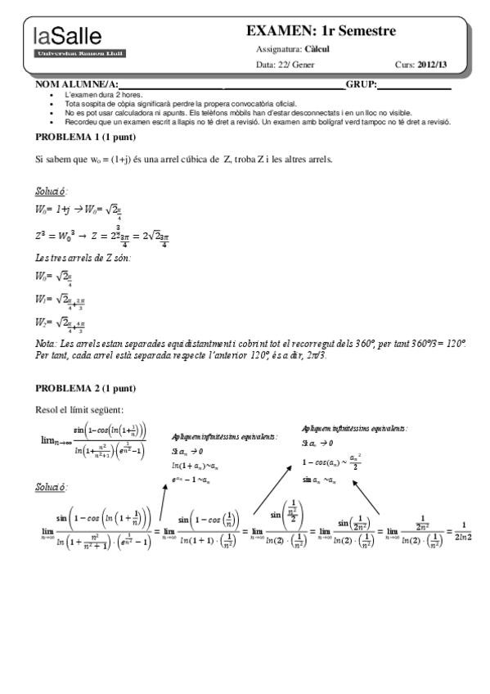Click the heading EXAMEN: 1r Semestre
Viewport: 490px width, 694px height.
pyautogui.click(x=321, y=31)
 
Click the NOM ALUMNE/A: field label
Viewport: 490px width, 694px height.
pyautogui.click(x=78, y=84)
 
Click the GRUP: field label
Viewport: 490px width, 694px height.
pyautogui.click(x=361, y=84)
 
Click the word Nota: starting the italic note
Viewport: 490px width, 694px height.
pyautogui.click(x=47, y=345)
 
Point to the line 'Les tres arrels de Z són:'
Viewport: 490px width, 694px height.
pyautogui.click(x=83, y=258)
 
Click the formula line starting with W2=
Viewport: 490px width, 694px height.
pyautogui.click(x=61, y=322)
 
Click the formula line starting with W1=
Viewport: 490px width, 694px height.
pyautogui.click(x=61, y=300)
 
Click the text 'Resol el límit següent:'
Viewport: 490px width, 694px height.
pyautogui.click(x=79, y=409)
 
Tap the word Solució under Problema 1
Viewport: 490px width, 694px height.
pyautogui.click(x=51, y=191)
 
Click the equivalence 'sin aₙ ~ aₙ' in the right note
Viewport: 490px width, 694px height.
pyautogui.click(x=319, y=479)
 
